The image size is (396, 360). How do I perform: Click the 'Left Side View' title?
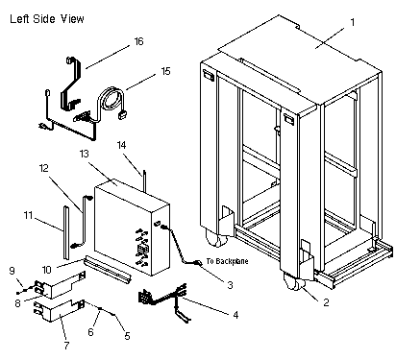click(x=47, y=19)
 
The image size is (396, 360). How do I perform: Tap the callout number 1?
click(x=353, y=22)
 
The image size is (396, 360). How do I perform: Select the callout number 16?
click(x=138, y=41)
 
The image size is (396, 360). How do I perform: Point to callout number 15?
click(x=165, y=71)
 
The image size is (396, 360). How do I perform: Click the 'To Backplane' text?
click(x=227, y=261)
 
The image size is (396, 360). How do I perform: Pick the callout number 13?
click(x=84, y=154)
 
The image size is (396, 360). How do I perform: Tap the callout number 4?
click(x=235, y=315)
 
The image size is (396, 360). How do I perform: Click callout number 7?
click(x=66, y=346)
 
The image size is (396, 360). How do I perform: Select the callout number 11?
click(x=28, y=215)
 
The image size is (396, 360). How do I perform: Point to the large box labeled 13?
click(x=132, y=228)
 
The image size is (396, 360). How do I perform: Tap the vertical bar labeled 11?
click(x=65, y=232)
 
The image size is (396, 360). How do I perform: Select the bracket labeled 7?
click(x=60, y=311)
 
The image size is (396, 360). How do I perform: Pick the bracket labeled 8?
click(x=61, y=284)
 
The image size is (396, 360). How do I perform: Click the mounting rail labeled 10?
click(x=107, y=268)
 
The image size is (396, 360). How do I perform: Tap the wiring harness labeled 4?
click(x=162, y=300)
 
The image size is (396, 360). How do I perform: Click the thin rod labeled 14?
click(x=144, y=181)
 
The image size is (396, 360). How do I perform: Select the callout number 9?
click(x=12, y=271)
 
